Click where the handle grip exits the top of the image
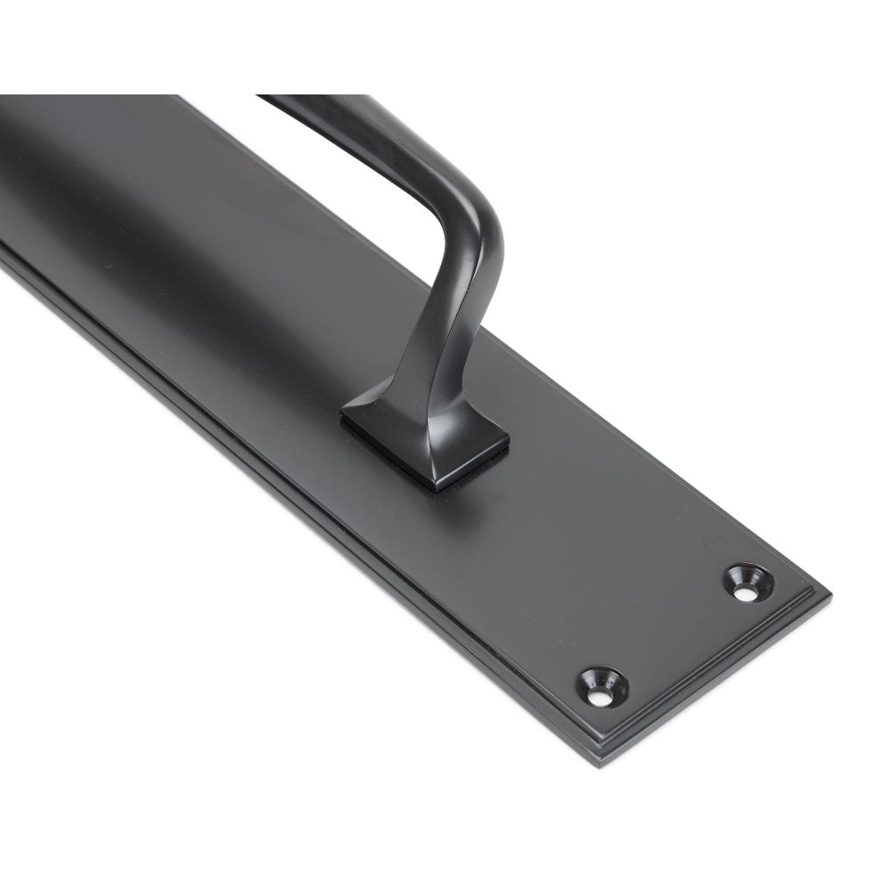click(312, 98)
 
